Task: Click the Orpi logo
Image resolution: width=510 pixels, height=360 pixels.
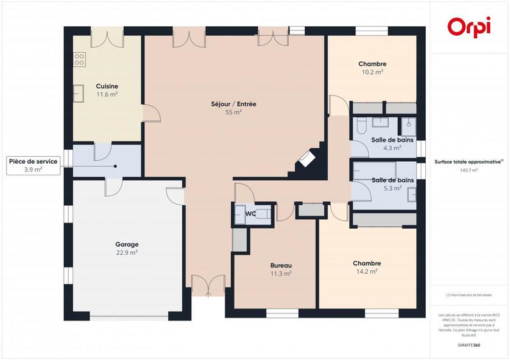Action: pos(469,27)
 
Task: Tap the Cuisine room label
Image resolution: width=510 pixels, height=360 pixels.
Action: pos(107,86)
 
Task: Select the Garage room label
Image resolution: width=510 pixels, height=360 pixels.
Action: pos(127,244)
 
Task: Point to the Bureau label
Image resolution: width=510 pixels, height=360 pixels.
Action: pos(281,265)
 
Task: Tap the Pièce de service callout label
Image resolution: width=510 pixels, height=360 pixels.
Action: pos(33,162)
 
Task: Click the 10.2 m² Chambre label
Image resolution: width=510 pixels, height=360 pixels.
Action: pos(372,64)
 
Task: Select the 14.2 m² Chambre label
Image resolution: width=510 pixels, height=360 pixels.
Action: pos(367,263)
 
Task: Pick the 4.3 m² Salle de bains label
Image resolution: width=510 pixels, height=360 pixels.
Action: pos(392,140)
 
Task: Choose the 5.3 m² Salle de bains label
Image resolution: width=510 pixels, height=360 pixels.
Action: pos(393,180)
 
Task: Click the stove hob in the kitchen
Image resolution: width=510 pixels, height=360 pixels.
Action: pos(80,60)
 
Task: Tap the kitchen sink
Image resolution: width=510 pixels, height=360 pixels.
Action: pos(80,93)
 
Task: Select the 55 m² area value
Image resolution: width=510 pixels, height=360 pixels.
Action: pos(233,112)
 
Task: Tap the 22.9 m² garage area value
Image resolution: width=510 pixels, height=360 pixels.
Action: pos(127,252)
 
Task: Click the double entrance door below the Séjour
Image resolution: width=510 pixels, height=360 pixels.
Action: pos(208,285)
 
